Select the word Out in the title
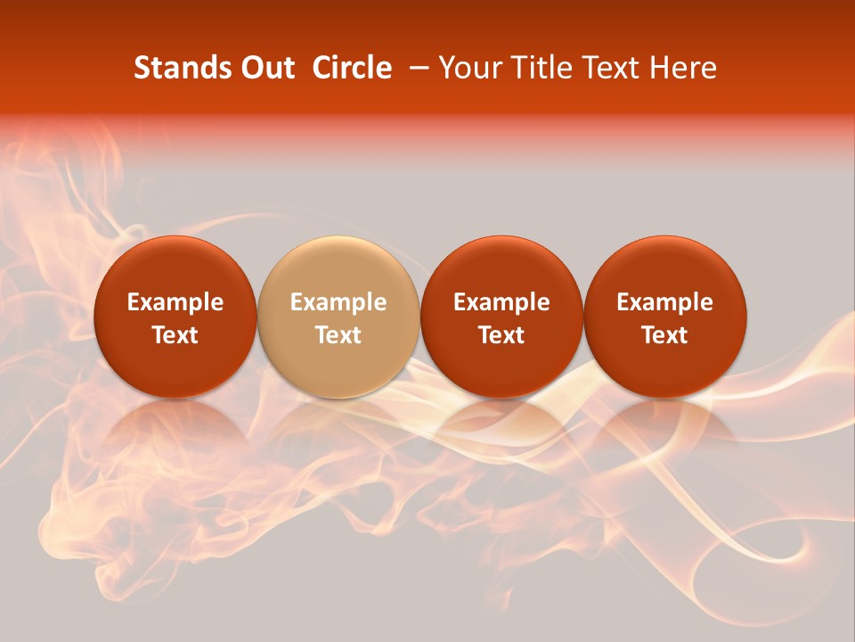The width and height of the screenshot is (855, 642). (x=265, y=68)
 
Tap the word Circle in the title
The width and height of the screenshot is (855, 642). (x=352, y=68)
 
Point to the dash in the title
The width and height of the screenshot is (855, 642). (x=420, y=68)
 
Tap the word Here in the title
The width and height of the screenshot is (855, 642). (x=682, y=68)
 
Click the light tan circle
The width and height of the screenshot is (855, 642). (x=338, y=267)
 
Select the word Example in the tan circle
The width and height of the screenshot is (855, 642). (x=338, y=302)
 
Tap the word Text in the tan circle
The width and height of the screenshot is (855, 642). (x=338, y=335)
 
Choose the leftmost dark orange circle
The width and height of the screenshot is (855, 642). (x=175, y=267)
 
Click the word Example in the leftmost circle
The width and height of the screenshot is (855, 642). (x=175, y=302)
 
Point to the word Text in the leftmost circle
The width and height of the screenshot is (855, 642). (x=175, y=335)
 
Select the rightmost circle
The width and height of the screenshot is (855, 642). (x=665, y=267)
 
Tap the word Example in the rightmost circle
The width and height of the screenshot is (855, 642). (x=665, y=302)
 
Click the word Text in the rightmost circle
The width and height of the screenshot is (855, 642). (x=665, y=335)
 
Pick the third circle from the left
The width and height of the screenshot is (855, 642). (x=501, y=267)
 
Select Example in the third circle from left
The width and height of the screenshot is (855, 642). (x=501, y=302)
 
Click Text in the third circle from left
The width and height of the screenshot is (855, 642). (x=501, y=335)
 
